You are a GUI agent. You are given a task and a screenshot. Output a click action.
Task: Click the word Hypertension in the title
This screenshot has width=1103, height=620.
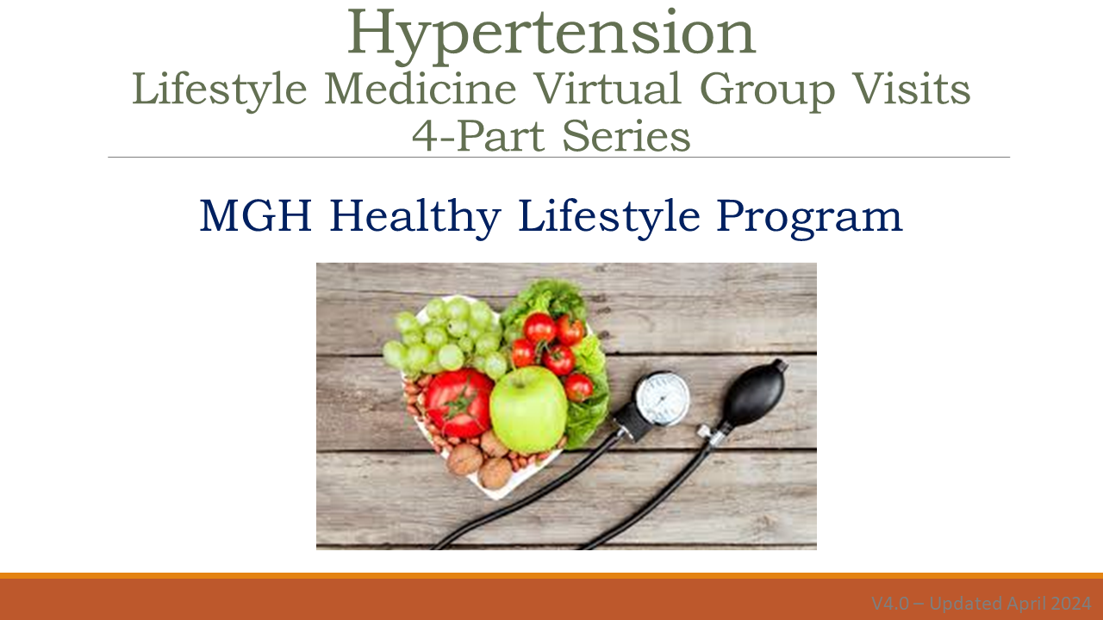[x=551, y=33]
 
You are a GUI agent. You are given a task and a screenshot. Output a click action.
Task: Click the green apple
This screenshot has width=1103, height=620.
[x=528, y=408]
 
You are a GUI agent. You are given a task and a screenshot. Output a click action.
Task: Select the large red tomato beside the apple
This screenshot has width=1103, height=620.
[x=459, y=402]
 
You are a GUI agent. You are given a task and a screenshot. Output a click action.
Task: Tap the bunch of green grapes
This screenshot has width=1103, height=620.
[x=444, y=336]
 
